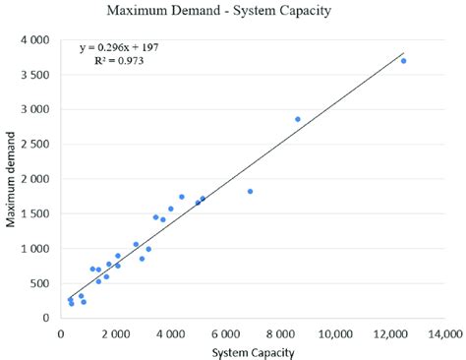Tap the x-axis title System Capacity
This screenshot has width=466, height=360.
pos(253,351)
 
